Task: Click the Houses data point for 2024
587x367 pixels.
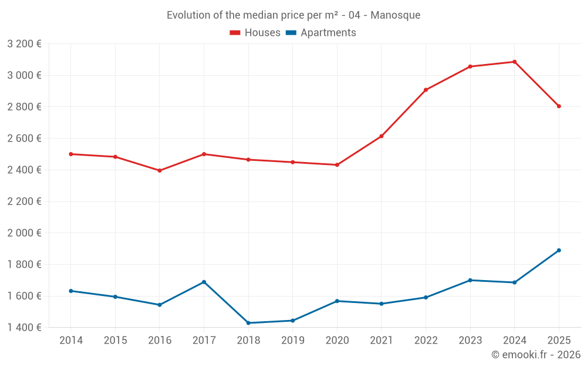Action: tap(515, 62)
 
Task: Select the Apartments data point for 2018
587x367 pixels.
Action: tap(248, 323)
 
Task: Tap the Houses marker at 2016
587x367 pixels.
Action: tap(160, 171)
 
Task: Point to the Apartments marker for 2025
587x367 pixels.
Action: tap(559, 250)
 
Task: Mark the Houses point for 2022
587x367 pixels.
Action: tap(426, 90)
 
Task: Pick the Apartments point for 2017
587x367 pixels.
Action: tap(204, 282)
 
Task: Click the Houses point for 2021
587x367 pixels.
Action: tap(382, 136)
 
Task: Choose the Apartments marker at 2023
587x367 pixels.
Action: tap(470, 280)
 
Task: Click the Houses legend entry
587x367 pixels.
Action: tap(255, 33)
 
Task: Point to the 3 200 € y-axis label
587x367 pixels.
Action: tap(24, 43)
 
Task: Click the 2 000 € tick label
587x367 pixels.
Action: tap(24, 233)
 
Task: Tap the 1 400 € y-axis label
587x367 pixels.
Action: tap(24, 327)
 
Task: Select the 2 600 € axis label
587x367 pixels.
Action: tap(24, 138)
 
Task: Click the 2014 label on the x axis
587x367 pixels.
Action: tap(71, 341)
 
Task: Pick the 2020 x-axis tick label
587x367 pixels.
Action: tap(337, 341)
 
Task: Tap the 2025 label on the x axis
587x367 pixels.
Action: tap(559, 341)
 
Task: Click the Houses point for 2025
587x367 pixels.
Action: tap(559, 106)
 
